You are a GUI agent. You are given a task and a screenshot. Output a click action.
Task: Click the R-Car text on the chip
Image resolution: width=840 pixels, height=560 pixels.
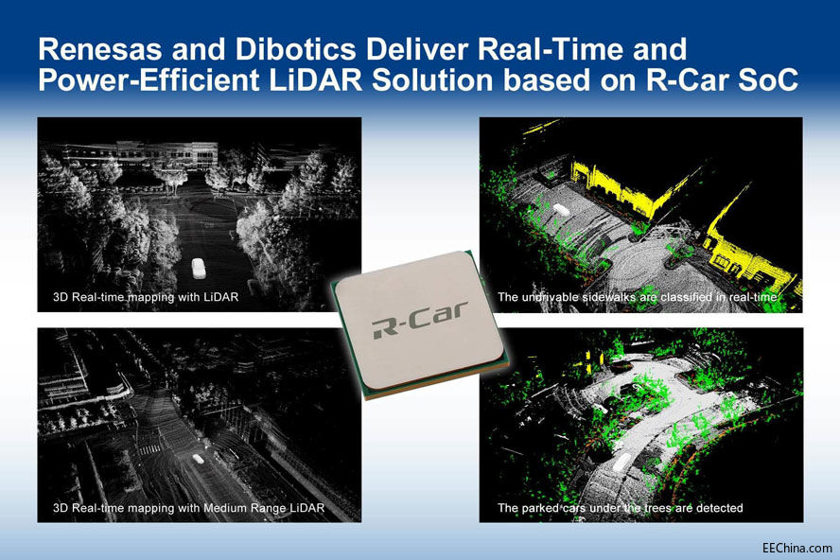[x=415, y=326]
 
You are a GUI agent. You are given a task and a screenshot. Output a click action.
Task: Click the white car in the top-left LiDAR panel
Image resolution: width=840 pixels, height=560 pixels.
[x=198, y=268]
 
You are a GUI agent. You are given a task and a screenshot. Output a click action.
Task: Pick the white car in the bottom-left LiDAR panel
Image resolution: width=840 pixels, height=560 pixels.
[x=197, y=458]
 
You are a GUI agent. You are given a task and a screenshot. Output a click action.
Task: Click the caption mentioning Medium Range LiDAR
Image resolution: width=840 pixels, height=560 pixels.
[x=189, y=508]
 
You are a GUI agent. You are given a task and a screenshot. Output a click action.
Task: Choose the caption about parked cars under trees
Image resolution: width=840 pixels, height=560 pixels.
[x=620, y=508]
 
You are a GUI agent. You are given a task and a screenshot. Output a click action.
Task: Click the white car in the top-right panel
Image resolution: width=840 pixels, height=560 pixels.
[x=561, y=209]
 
